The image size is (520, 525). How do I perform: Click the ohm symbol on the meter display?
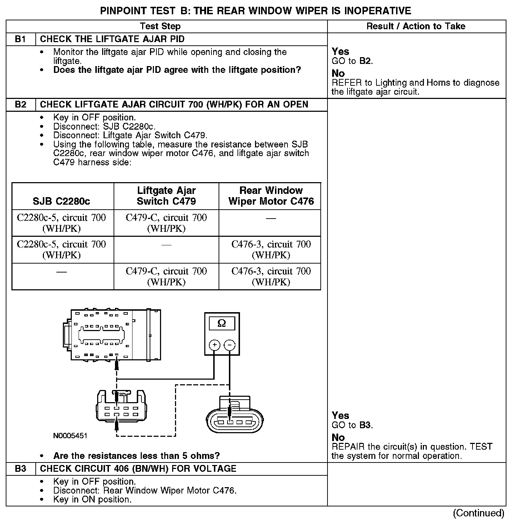coord(221,323)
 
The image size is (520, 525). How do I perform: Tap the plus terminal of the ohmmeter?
coord(214,345)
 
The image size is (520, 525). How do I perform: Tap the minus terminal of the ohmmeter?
coord(230,345)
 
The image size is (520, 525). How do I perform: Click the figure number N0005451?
coord(70,436)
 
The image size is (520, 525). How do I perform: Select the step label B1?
coord(21,39)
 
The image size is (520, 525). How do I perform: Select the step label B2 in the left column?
coord(21,104)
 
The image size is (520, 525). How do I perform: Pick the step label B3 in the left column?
coord(21,469)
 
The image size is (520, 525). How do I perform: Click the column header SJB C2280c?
coord(61,201)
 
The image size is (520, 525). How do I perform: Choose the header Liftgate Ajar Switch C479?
coord(166,196)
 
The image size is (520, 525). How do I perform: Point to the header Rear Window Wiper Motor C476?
coord(271,196)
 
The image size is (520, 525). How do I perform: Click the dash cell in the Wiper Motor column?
coord(271,218)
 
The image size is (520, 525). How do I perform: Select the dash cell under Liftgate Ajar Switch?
coord(166,245)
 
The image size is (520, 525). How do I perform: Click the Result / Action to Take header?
coord(416,26)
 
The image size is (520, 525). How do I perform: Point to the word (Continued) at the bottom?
coord(479,513)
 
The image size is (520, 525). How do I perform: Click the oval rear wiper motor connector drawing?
coord(235,418)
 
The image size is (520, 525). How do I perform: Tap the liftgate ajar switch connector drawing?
coord(121,407)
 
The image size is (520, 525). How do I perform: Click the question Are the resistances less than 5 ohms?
coord(136,456)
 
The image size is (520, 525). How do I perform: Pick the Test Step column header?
coord(160,26)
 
